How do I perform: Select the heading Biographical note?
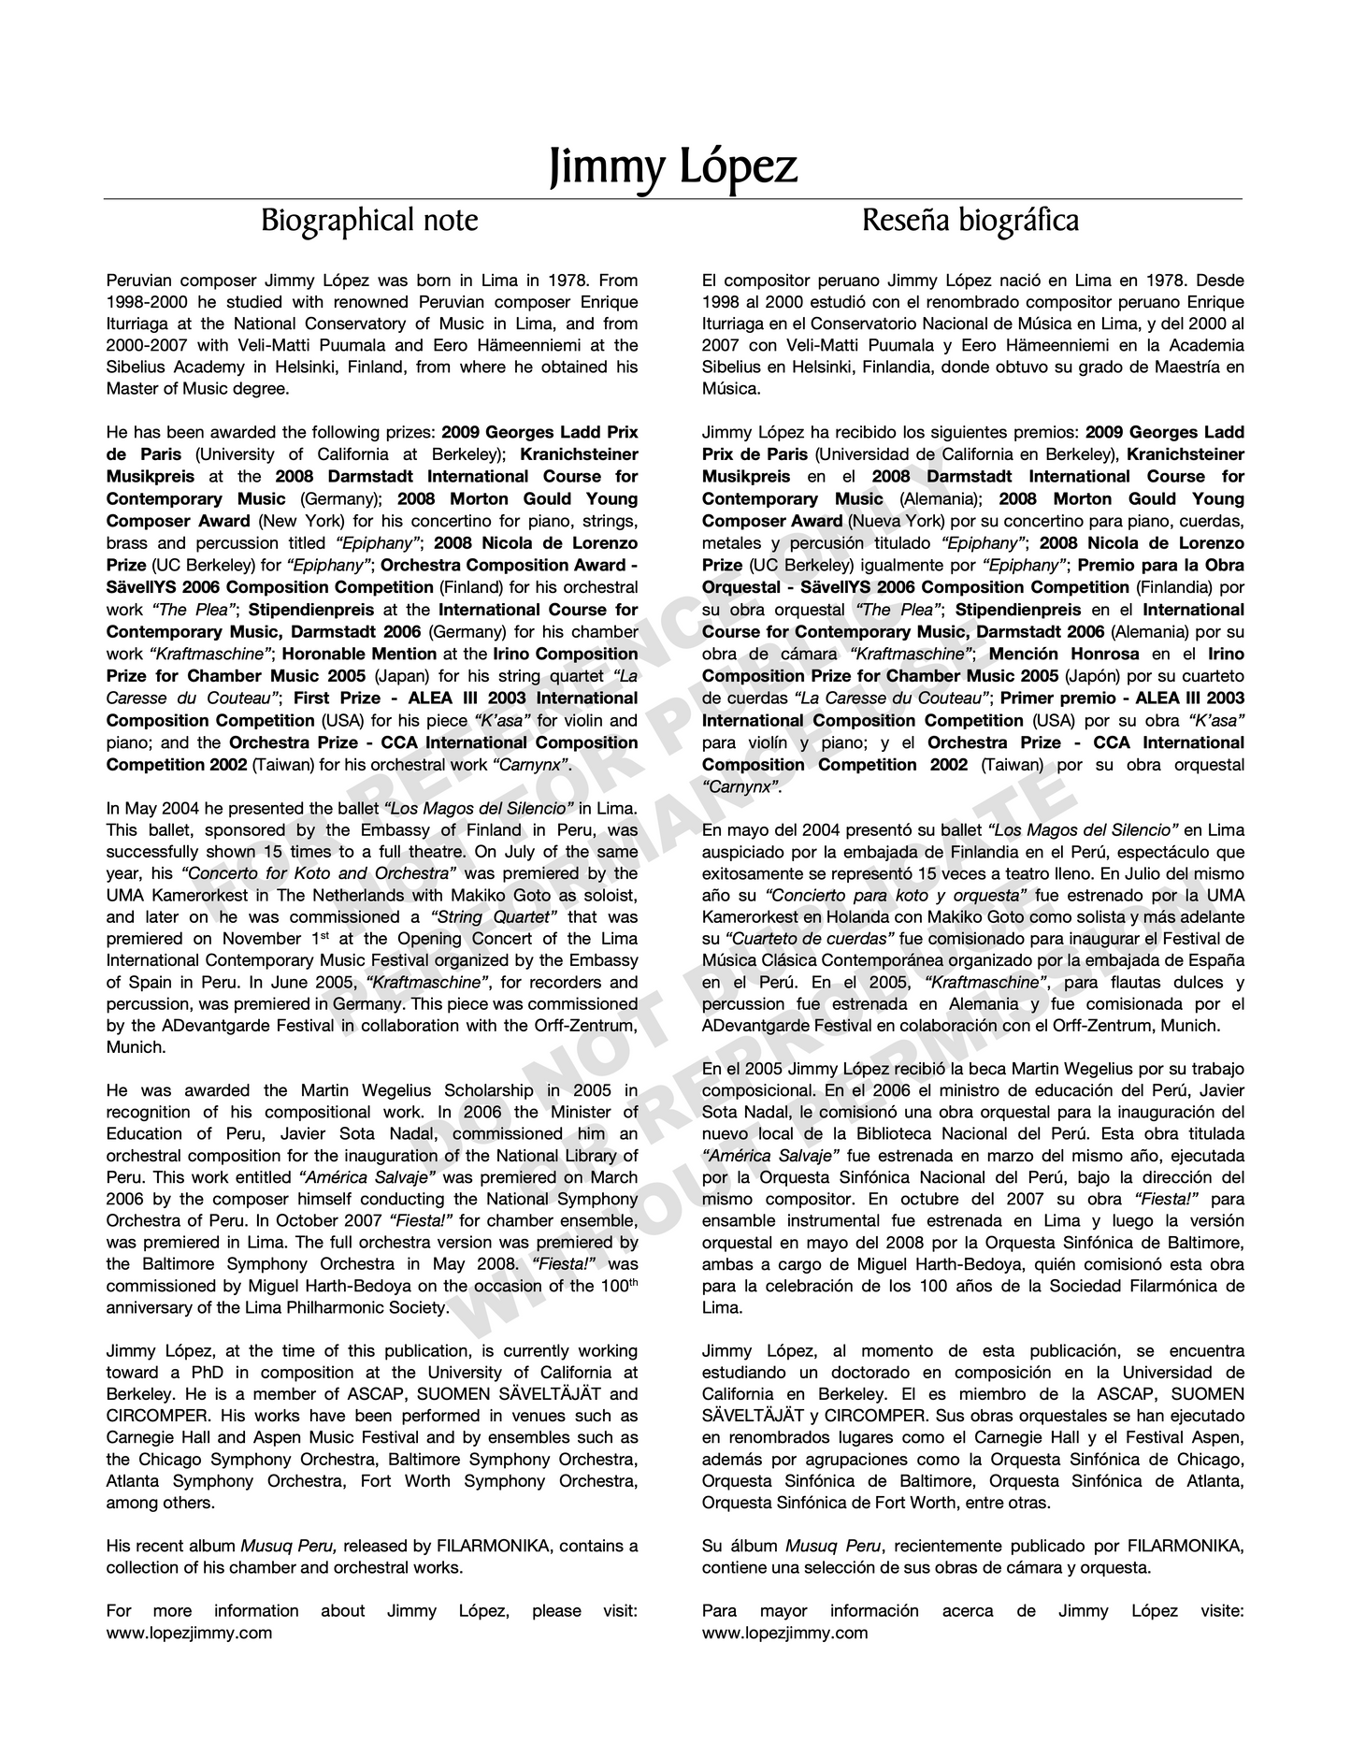pyautogui.click(x=368, y=221)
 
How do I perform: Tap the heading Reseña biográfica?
pyautogui.click(x=970, y=221)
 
